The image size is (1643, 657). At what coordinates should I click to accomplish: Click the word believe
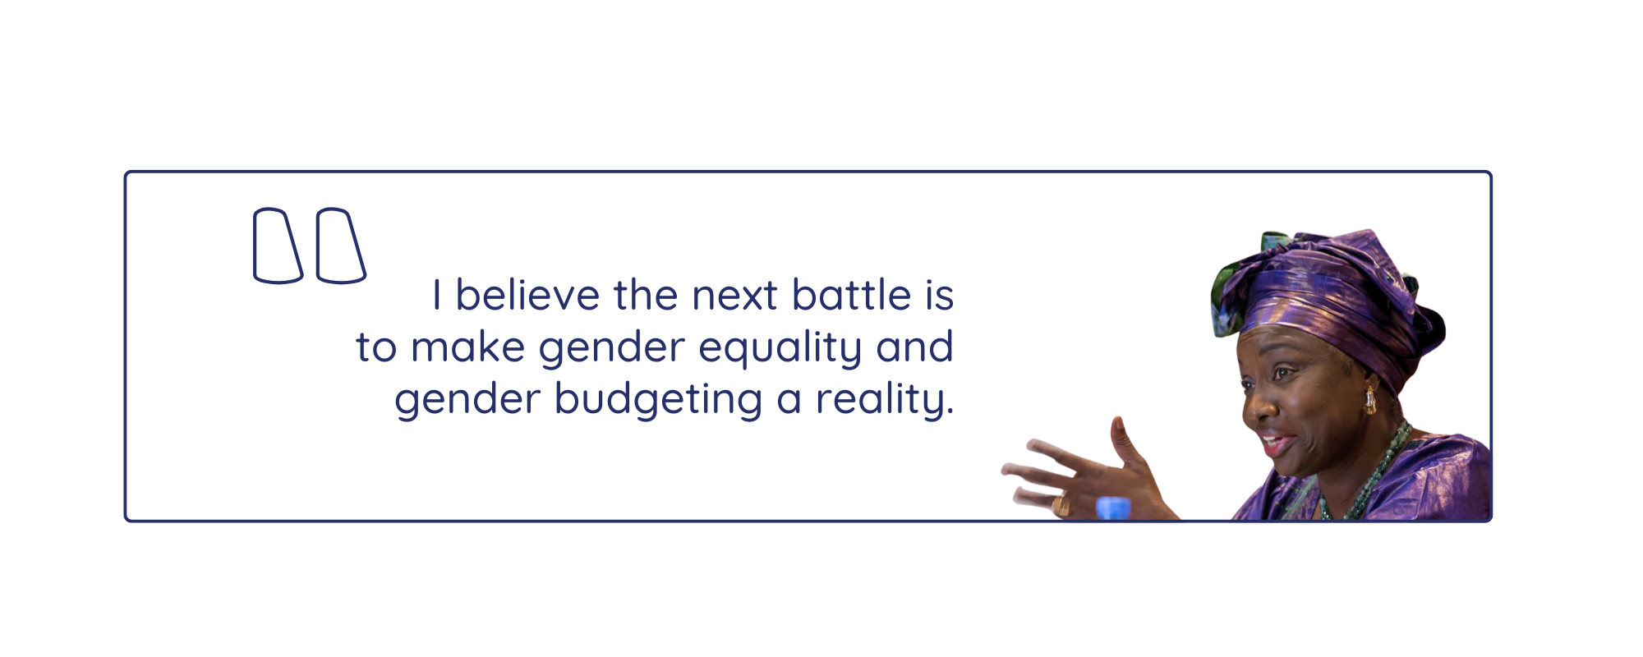[x=527, y=295]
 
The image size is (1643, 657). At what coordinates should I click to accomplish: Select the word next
[x=734, y=296]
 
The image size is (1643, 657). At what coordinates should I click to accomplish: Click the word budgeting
[x=658, y=401]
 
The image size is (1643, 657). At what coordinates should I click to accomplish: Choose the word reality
[x=884, y=401]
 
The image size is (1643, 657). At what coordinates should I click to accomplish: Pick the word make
[x=467, y=347]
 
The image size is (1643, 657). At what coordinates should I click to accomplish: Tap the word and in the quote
[x=914, y=347]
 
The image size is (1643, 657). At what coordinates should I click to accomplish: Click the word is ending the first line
[x=939, y=295]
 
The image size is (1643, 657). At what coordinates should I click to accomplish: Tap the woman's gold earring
[x=1369, y=400]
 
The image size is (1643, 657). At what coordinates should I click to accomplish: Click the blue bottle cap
[x=1113, y=508]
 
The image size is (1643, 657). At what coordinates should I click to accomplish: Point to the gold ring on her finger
[x=1061, y=505]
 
